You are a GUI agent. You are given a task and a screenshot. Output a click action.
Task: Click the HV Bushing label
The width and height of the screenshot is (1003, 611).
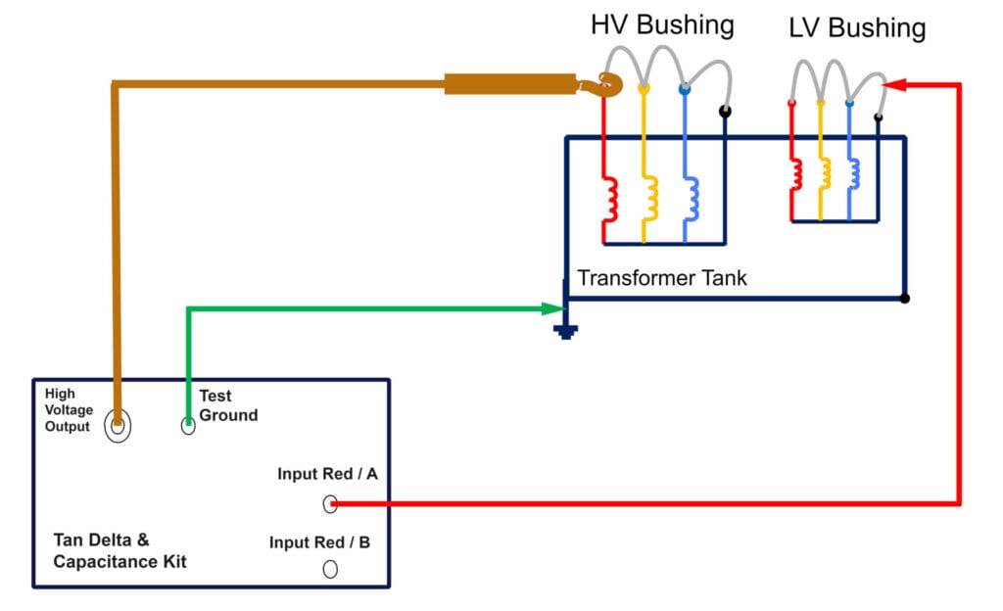(661, 24)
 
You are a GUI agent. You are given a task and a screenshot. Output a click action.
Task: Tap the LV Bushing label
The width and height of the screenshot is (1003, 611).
(856, 28)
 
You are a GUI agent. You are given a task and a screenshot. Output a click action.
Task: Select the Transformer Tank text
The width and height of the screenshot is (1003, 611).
(662, 278)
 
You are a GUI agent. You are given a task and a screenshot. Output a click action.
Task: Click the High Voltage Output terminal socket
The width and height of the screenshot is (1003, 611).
(118, 426)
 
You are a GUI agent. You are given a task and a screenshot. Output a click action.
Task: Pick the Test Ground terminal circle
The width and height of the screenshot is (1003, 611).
(188, 426)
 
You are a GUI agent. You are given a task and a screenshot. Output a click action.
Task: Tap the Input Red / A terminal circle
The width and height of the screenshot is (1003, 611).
(331, 504)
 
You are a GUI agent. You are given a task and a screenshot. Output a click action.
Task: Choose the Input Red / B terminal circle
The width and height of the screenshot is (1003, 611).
(331, 569)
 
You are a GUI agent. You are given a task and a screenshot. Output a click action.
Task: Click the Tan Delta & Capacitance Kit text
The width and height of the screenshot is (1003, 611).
(119, 551)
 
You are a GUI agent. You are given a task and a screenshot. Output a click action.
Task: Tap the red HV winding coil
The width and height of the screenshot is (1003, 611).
(611, 198)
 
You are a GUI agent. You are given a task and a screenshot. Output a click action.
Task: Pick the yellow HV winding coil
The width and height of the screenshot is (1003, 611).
(650, 198)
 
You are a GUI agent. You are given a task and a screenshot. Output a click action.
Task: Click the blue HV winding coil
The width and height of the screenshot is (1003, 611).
(691, 198)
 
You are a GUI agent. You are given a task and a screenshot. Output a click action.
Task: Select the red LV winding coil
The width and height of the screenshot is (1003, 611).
(797, 173)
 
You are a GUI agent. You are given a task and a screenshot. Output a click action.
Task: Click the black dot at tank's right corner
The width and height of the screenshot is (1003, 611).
(904, 298)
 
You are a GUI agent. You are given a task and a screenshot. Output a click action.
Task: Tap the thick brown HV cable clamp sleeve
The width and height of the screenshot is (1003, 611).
(509, 84)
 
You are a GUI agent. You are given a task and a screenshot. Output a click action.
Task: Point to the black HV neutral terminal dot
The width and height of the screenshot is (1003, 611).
(724, 112)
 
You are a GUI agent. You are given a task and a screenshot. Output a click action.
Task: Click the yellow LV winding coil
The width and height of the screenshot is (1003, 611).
(826, 173)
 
